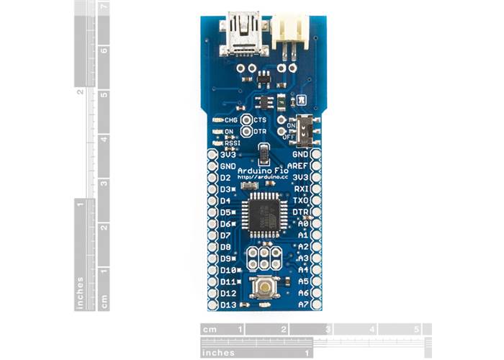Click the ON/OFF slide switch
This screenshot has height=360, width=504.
click(x=305, y=130)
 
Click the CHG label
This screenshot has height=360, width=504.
click(x=231, y=120)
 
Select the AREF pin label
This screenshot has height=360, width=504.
click(x=300, y=165)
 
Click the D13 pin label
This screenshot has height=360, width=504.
click(x=228, y=305)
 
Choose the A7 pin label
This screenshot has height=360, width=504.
click(x=303, y=305)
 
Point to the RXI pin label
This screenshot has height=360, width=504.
click(x=302, y=189)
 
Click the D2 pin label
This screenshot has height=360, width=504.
click(x=225, y=177)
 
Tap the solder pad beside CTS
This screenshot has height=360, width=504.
click(x=247, y=120)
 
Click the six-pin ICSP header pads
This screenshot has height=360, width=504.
click(x=264, y=258)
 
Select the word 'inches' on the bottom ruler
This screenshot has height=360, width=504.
click(x=220, y=353)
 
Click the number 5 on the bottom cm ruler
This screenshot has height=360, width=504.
click(x=416, y=329)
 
